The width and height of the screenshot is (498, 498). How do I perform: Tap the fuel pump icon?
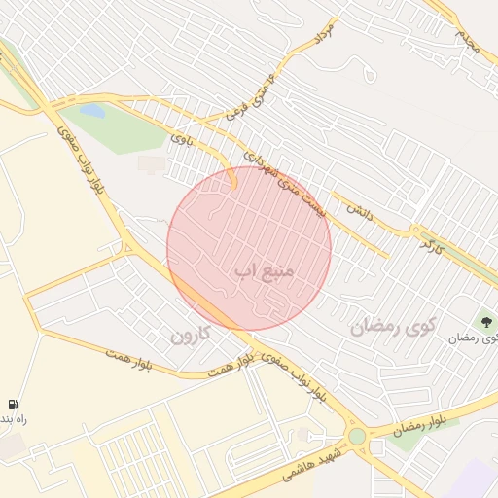point(12,404)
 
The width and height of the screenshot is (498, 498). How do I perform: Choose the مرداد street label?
point(322,36)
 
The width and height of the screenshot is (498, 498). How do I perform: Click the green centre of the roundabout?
point(357,437)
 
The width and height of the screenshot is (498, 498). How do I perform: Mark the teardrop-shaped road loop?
point(367,71)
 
